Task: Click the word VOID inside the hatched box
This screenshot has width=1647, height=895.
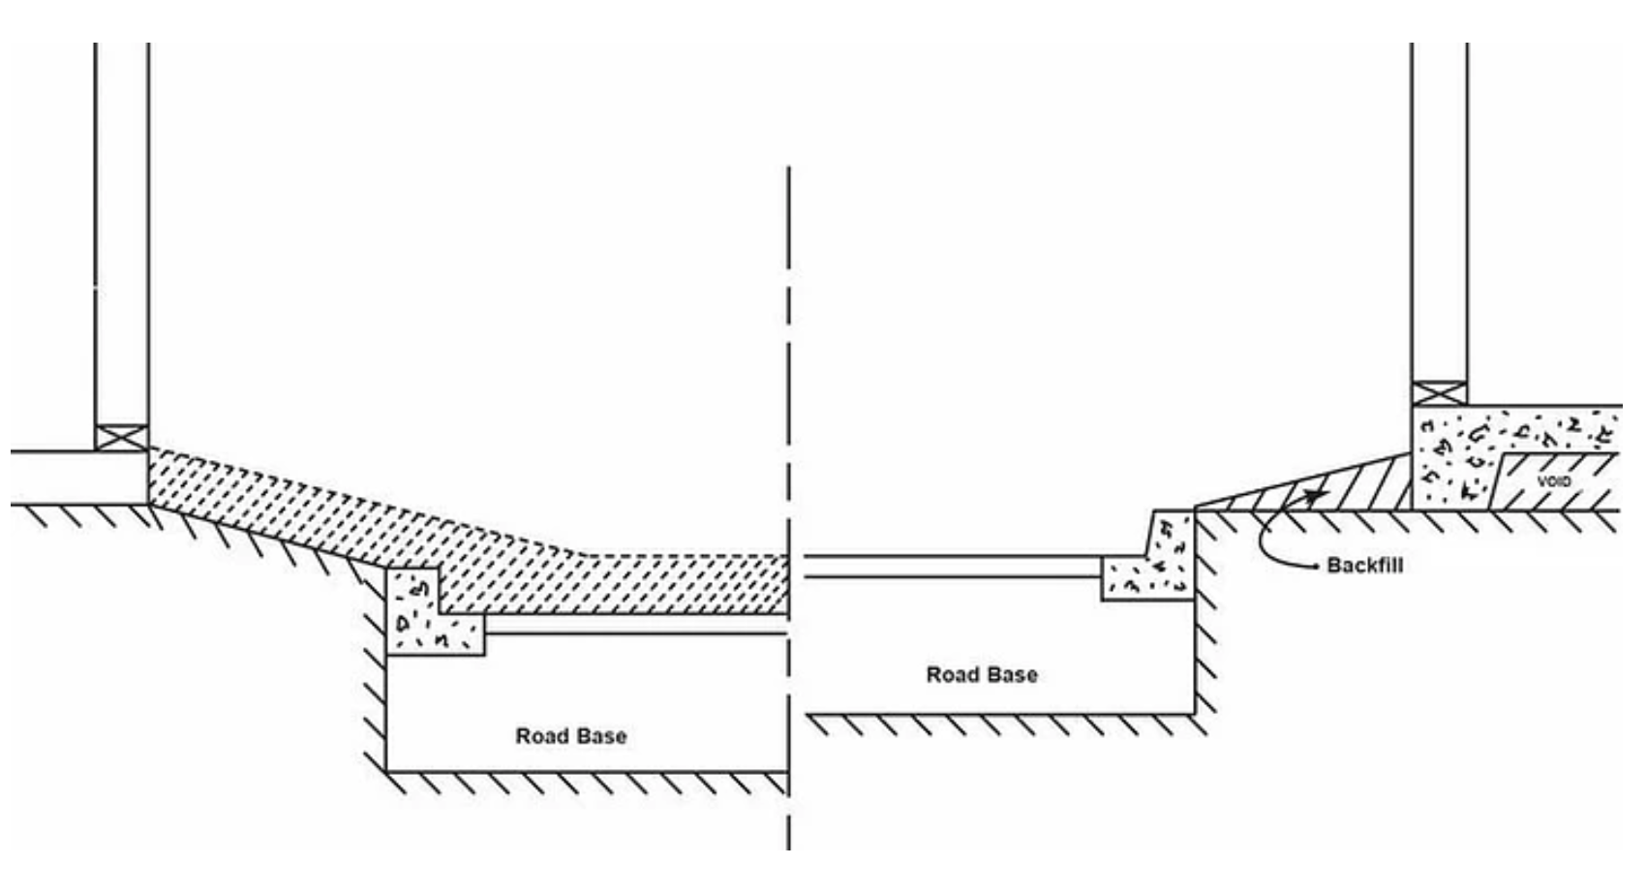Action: pos(1553,481)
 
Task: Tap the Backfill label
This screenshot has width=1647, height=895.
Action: pos(1364,565)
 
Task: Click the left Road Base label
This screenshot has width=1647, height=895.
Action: pos(570,736)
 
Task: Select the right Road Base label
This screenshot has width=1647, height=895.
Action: pos(981,675)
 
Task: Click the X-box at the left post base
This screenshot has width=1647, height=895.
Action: pos(122,437)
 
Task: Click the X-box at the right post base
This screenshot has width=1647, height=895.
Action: pos(1439,393)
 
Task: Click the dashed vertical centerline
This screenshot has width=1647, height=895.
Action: pos(788,387)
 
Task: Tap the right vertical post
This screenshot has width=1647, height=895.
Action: pos(1439,213)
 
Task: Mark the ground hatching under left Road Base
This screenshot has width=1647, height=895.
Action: pos(581,783)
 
